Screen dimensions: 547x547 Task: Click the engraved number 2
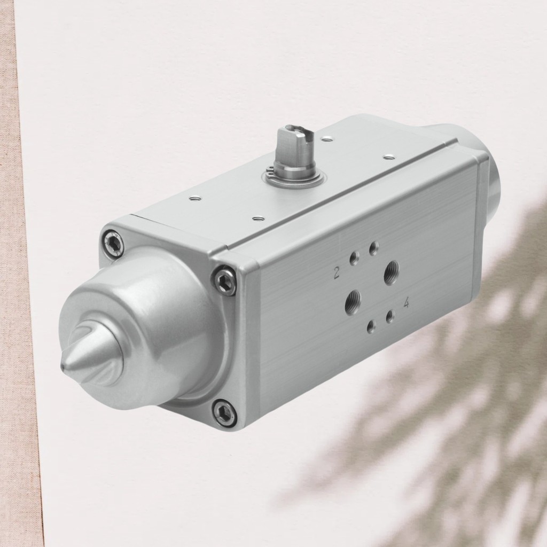tap(337, 273)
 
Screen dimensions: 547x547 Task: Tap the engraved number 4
tap(407, 303)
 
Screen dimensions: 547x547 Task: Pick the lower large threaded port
tap(353, 302)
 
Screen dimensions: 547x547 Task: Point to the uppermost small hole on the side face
tap(374, 248)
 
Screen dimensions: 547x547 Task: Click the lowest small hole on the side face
tap(371, 326)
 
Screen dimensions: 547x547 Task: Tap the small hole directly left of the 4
tap(390, 316)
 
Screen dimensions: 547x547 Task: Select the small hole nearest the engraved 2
tap(354, 259)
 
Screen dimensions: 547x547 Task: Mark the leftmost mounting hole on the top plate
tap(196, 198)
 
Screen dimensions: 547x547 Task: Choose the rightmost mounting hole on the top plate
tap(389, 157)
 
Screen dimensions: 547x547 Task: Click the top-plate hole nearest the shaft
tap(327, 139)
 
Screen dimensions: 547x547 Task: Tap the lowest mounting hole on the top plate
tap(259, 218)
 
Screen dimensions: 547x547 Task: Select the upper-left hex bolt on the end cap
tap(113, 244)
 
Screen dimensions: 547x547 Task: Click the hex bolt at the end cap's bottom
tap(224, 412)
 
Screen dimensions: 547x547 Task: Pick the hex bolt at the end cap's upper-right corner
tap(224, 280)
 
